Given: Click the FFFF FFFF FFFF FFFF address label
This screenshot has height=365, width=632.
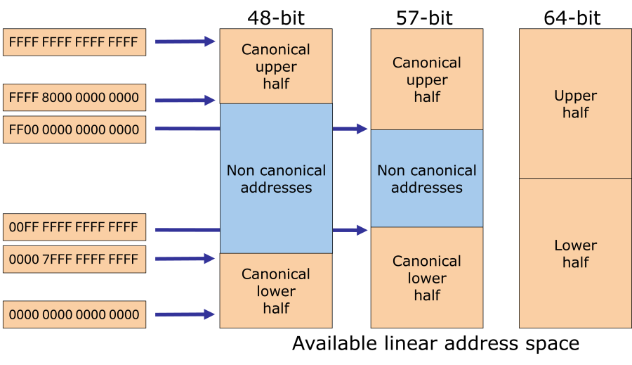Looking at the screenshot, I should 74,42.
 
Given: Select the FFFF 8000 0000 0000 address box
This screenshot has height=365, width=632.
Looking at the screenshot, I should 74,98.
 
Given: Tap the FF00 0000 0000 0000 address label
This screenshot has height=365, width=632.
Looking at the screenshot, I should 74,130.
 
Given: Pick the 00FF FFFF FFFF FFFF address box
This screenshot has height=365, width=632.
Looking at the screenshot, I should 74,227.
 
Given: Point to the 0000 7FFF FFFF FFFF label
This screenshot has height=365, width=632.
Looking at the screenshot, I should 74,260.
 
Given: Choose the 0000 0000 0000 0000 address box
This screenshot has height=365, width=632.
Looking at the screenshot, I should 74,314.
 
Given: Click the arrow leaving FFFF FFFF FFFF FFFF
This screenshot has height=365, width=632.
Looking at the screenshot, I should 185,41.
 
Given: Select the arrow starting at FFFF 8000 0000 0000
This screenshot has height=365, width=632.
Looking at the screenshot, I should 185,100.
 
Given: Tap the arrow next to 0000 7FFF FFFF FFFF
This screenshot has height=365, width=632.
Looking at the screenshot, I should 185,259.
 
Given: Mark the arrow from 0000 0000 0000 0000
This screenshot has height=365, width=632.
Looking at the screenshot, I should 185,314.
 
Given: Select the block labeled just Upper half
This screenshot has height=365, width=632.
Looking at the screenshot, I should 575,103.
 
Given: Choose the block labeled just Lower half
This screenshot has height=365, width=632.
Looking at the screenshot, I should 575,253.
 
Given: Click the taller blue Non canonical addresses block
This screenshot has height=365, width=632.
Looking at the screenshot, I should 276,179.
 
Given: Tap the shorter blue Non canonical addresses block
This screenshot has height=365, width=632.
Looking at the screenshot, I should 426,179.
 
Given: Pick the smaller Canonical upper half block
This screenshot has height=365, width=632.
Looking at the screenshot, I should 276,66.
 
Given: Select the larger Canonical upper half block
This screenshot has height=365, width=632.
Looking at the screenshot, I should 426,79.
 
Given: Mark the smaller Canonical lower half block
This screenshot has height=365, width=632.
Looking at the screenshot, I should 276,290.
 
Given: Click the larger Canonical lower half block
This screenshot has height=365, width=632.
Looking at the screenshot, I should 426,278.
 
